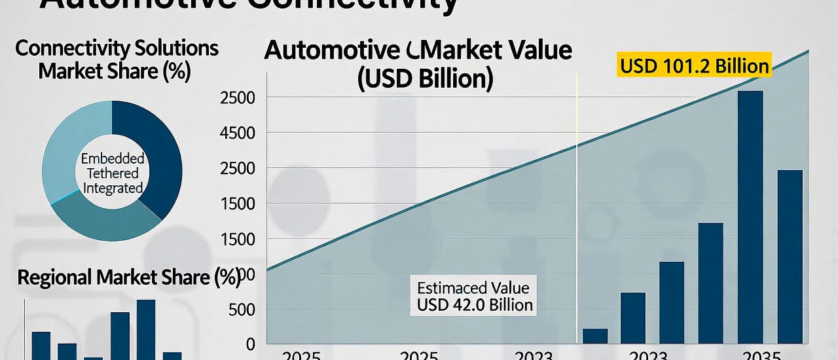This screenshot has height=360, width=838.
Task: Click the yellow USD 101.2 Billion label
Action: click(x=694, y=66)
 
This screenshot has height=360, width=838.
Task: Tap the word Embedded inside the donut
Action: click(x=112, y=159)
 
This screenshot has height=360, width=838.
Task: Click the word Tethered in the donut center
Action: click(x=112, y=173)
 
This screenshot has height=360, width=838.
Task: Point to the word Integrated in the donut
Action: click(x=112, y=189)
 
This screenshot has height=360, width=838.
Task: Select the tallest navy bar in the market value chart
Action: click(x=750, y=216)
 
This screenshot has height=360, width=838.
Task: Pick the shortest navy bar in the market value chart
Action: click(x=595, y=336)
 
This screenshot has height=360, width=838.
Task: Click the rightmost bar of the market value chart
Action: click(x=790, y=256)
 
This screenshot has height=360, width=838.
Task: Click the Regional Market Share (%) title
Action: click(x=128, y=278)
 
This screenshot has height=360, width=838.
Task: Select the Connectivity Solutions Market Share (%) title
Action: click(x=117, y=60)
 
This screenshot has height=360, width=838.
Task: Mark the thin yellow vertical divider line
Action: click(x=577, y=196)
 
